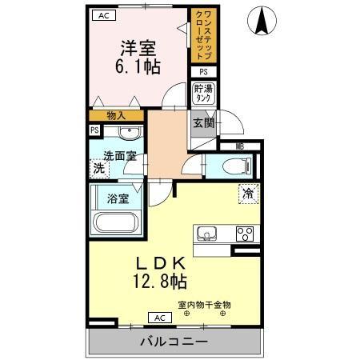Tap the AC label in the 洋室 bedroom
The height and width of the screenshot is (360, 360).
[102, 14]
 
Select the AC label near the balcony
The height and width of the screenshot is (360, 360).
[158, 318]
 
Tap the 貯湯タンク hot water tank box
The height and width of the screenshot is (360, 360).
[202, 91]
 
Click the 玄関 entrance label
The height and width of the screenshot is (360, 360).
[203, 123]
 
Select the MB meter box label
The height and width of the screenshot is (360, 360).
[239, 146]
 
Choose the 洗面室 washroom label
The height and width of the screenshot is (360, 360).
[119, 155]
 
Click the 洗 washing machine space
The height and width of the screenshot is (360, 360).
[98, 168]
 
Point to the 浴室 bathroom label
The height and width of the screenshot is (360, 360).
[118, 198]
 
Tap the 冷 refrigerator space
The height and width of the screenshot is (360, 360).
[247, 192]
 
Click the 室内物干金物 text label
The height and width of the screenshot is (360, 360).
[204, 304]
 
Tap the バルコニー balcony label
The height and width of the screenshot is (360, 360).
[177, 342]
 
